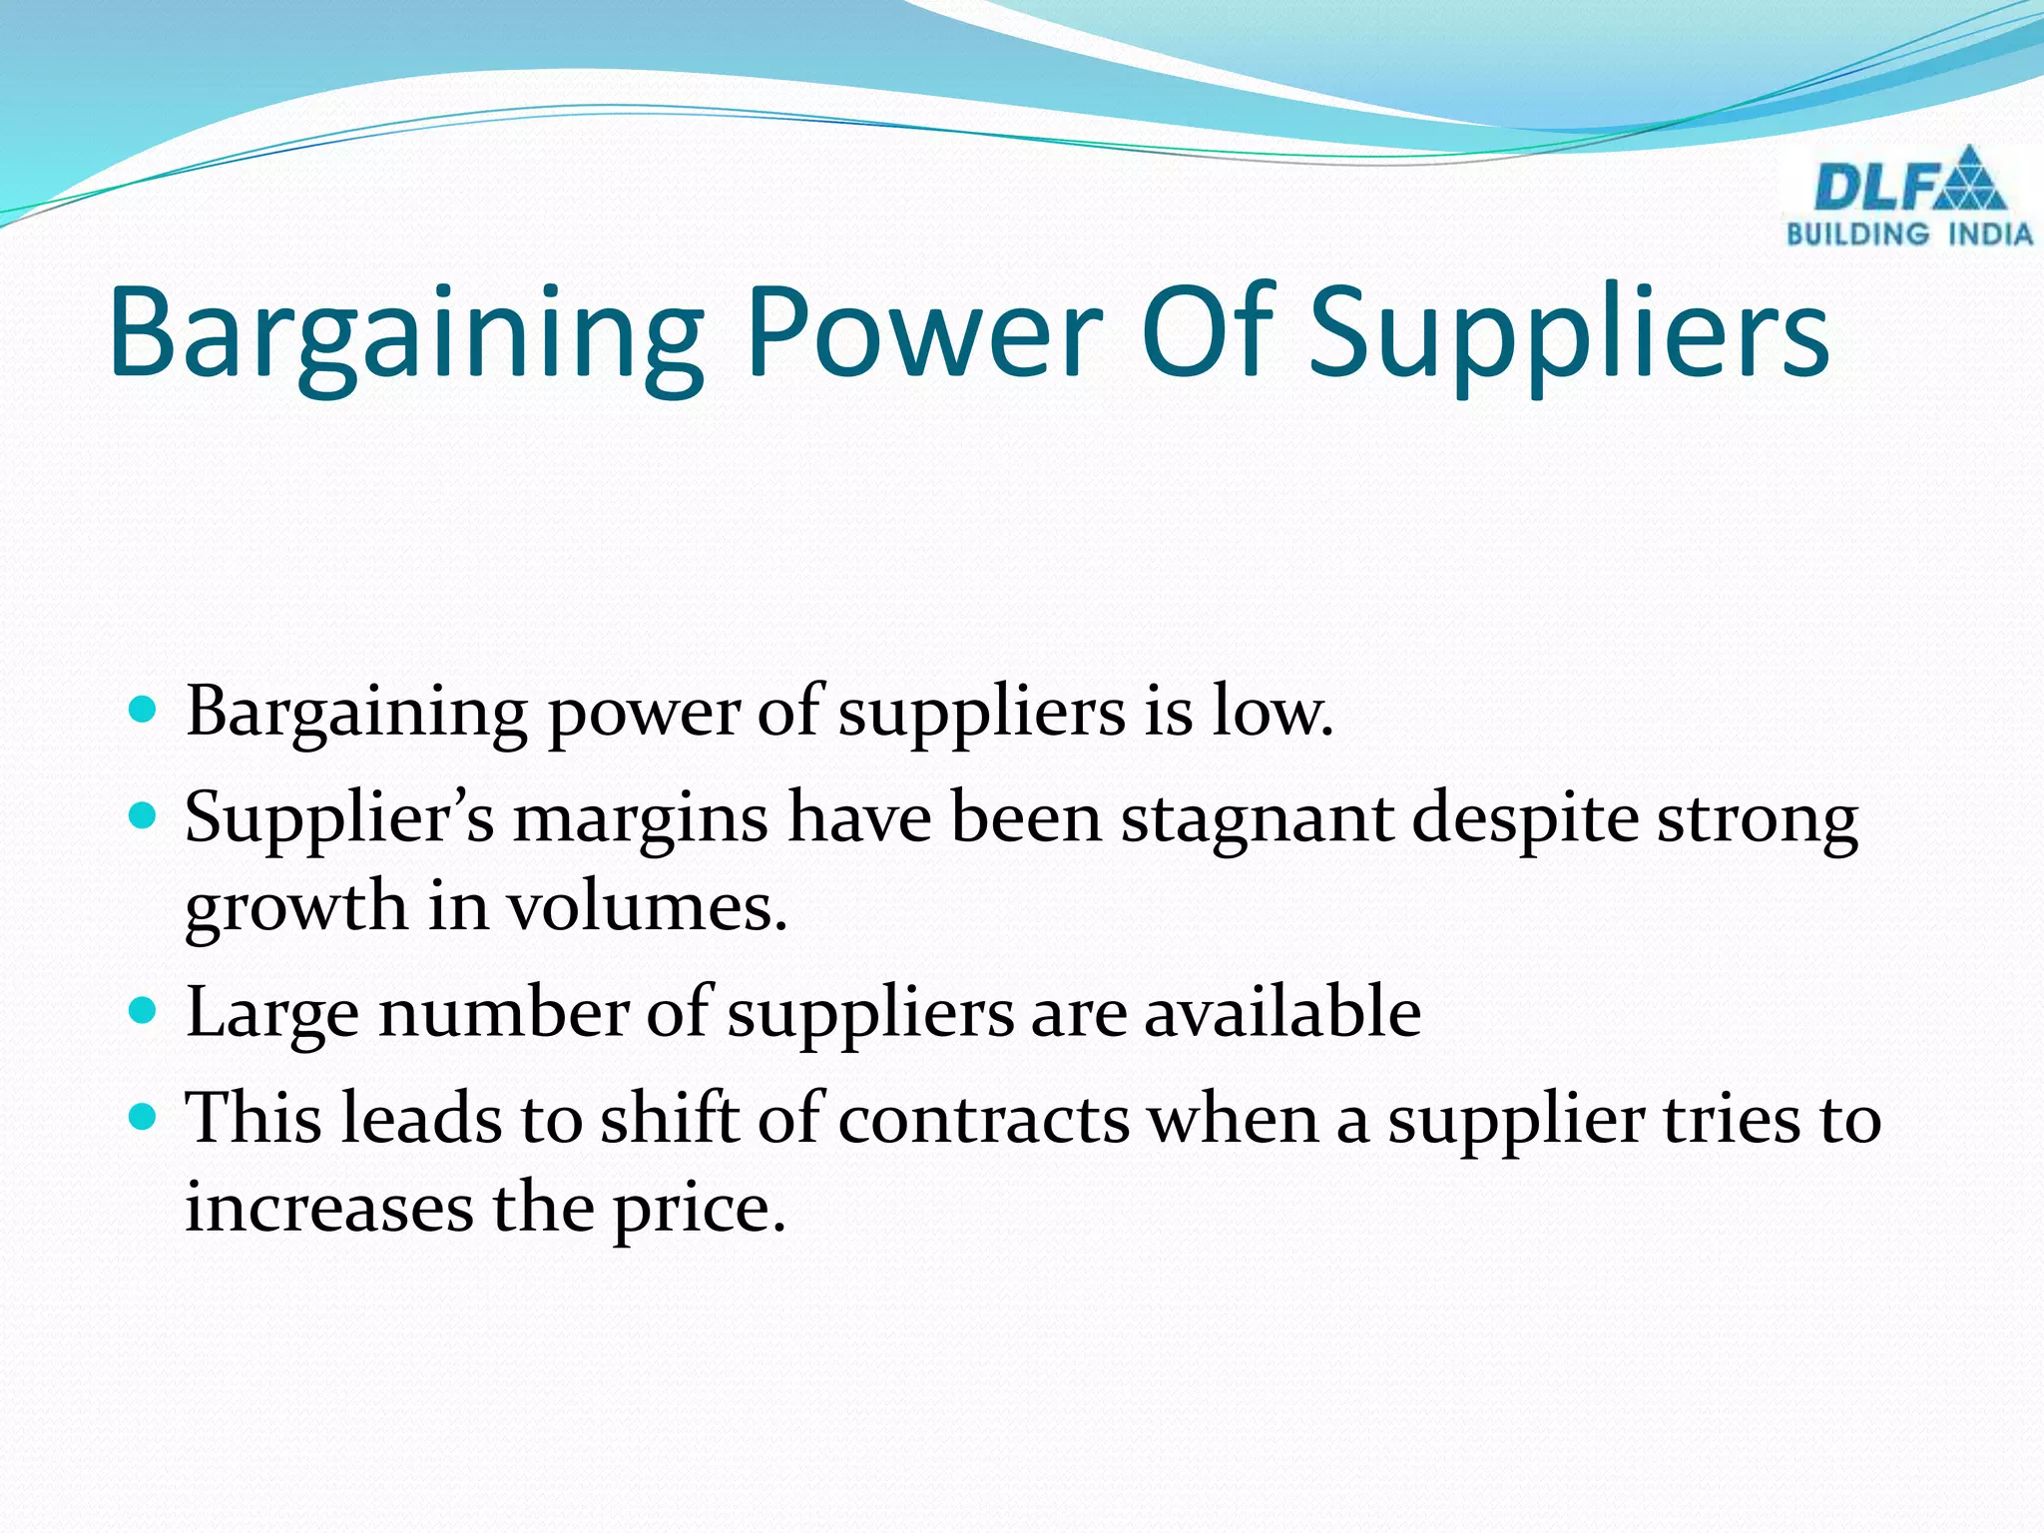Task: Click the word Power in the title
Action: pos(924,331)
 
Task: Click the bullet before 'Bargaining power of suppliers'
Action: pos(144,711)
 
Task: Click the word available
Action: pos(1281,1012)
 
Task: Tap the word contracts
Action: pos(983,1119)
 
